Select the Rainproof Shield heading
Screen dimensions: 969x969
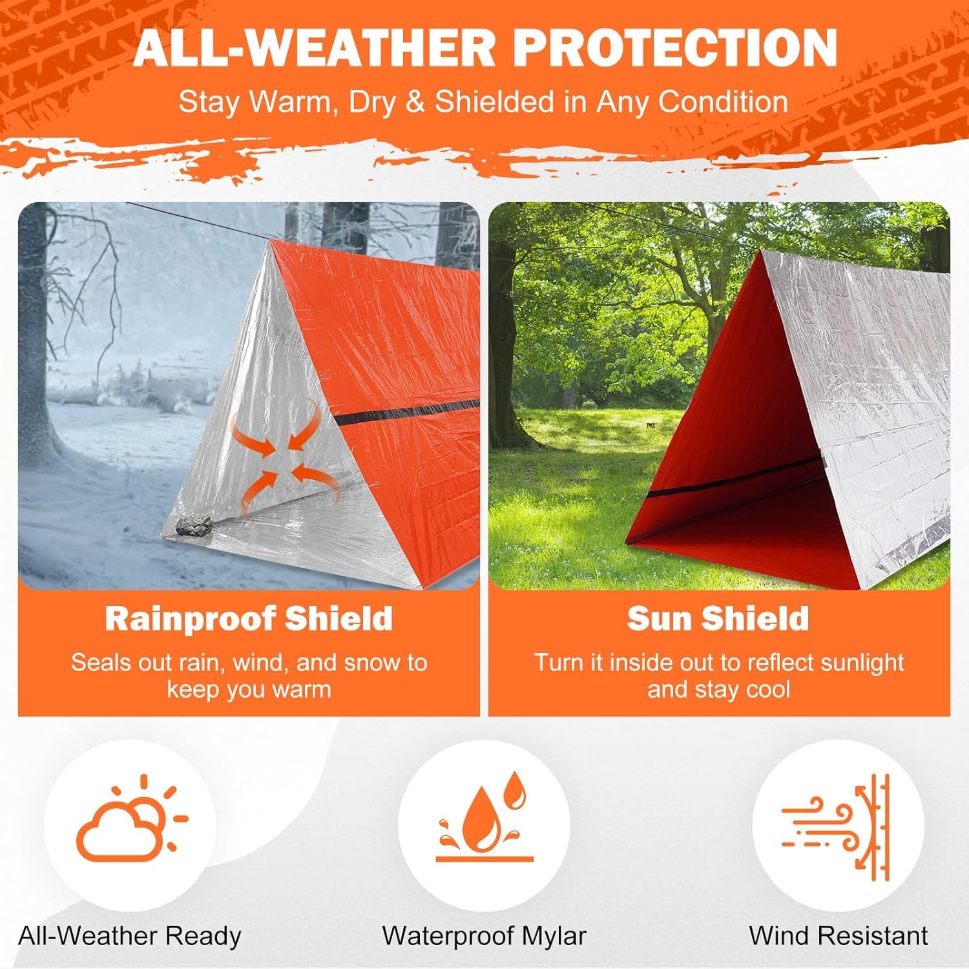point(249,618)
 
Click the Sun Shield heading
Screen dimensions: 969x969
point(718,618)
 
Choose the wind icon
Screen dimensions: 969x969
point(837,826)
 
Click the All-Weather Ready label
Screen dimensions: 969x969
point(129,935)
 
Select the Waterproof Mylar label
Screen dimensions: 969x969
point(484,935)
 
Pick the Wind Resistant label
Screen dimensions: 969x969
point(838,935)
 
